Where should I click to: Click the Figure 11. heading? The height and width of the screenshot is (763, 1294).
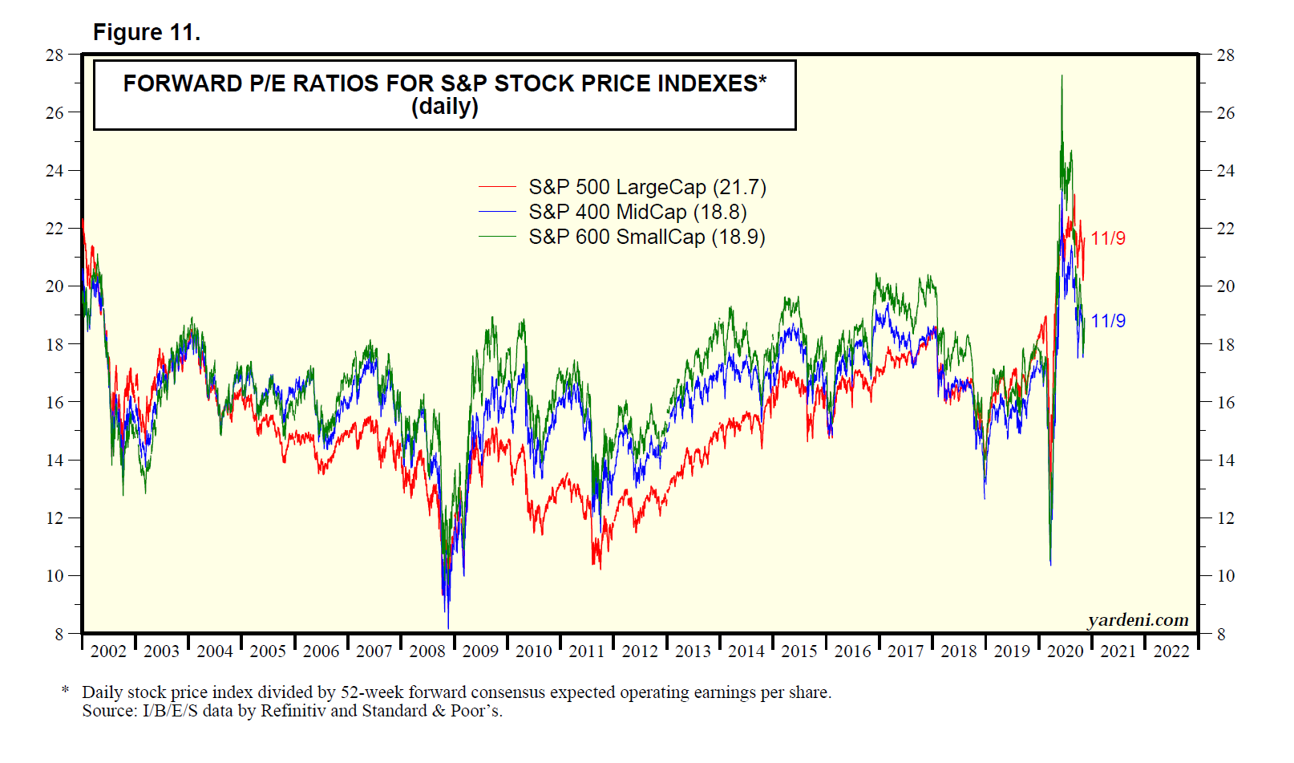[x=147, y=32]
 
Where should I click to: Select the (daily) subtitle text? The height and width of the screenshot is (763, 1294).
[x=444, y=107]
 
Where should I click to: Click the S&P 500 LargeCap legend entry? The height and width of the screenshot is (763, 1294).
[x=646, y=187]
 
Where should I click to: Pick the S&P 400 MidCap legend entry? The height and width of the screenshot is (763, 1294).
[x=637, y=212]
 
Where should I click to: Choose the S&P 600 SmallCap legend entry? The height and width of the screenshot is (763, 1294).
[x=646, y=237]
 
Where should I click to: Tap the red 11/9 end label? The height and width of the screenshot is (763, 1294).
[x=1108, y=238]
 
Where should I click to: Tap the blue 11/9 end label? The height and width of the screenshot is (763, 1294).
[x=1108, y=321]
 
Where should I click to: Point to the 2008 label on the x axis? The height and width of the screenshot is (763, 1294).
[x=427, y=651]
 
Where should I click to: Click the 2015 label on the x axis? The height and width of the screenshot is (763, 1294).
[x=799, y=651]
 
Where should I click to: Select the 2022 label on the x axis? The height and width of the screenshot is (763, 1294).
[x=1171, y=651]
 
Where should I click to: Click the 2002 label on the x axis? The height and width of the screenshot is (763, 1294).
[x=108, y=651]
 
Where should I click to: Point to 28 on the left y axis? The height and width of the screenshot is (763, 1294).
[x=55, y=55]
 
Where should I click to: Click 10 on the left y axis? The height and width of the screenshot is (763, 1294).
[x=55, y=576]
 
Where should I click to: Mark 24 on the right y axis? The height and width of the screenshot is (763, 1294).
[x=1226, y=171]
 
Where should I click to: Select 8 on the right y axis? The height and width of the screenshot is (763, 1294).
[x=1221, y=635]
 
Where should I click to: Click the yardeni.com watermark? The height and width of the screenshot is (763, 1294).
[x=1138, y=620]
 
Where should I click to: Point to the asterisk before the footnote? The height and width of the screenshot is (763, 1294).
[x=65, y=690]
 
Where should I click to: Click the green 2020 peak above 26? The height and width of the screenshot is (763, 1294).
[x=1062, y=78]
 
